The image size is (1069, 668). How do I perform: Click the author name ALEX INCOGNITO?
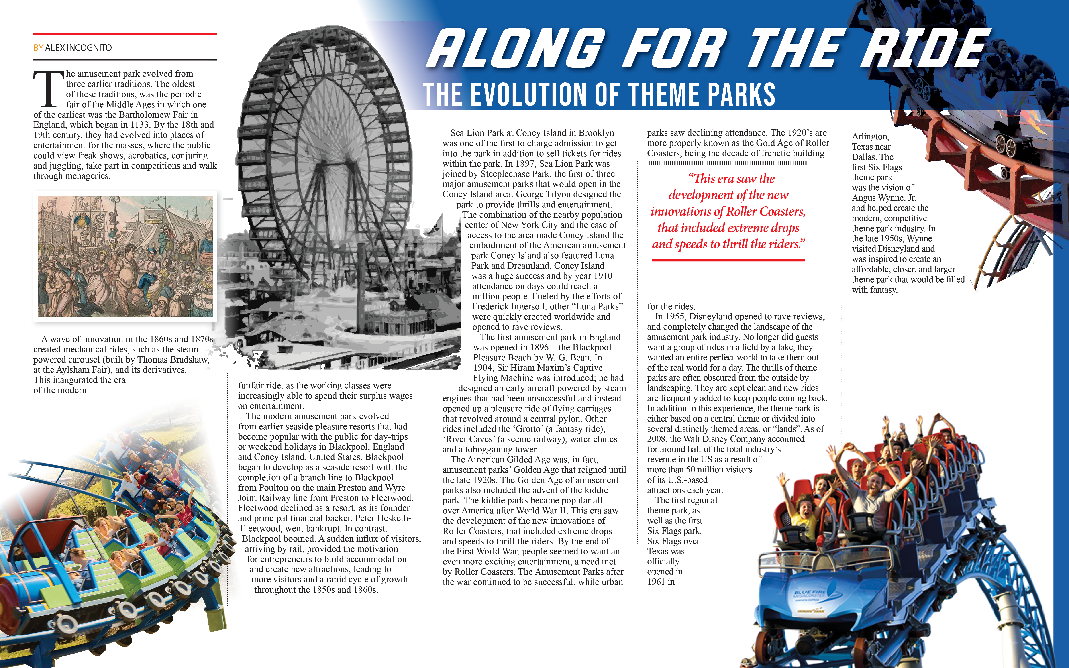78,48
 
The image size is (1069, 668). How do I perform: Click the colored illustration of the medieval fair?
125,256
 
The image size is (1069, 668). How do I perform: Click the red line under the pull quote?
728,260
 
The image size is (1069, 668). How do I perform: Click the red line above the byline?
125,34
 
